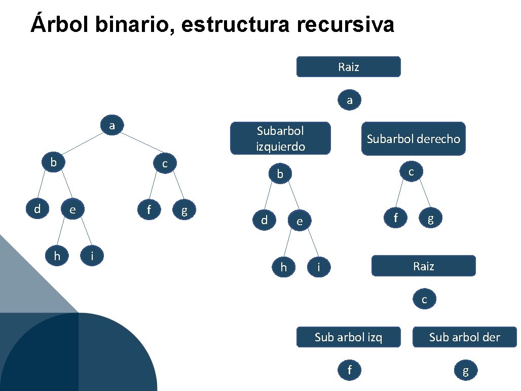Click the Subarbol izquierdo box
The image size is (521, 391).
click(280, 138)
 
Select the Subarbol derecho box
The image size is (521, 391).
click(414, 138)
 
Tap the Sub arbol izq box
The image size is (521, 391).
click(348, 337)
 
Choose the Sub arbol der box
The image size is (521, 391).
click(464, 337)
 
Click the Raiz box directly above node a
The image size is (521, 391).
click(348, 66)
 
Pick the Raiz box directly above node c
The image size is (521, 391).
click(423, 266)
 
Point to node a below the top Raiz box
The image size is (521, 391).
click(350, 100)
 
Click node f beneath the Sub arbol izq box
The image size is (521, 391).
click(350, 370)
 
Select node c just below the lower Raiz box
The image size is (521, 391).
click(424, 299)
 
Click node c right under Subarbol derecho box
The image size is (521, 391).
click(411, 172)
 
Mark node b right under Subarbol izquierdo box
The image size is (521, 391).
click(280, 174)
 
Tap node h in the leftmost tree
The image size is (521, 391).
click(57, 256)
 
